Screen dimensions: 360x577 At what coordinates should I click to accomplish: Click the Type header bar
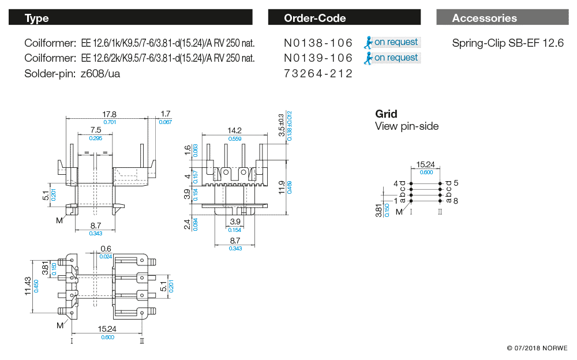point(130,18)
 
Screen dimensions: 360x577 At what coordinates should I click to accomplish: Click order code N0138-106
point(318,42)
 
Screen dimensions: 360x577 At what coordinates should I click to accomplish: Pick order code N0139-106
point(318,58)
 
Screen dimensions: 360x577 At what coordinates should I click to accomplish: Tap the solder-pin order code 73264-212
point(318,74)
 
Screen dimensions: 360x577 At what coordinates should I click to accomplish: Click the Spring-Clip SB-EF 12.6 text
point(508,42)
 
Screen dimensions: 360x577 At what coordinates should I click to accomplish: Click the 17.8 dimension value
point(109,114)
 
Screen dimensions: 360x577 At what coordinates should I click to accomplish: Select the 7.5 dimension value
point(95,130)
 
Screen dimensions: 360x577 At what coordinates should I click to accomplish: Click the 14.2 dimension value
point(234,130)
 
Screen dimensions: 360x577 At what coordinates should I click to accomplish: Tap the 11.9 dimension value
point(282,187)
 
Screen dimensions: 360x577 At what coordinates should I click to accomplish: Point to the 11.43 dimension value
point(28,286)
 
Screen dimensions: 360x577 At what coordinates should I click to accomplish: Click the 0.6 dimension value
point(106,249)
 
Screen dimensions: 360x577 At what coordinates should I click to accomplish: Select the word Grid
point(386,114)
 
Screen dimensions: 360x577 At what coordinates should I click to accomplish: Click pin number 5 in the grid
point(455,183)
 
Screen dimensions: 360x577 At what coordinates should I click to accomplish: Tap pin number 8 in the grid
point(455,201)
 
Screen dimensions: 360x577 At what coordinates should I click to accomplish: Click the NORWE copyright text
point(537,348)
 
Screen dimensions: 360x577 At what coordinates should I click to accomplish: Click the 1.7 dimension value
point(166,114)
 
